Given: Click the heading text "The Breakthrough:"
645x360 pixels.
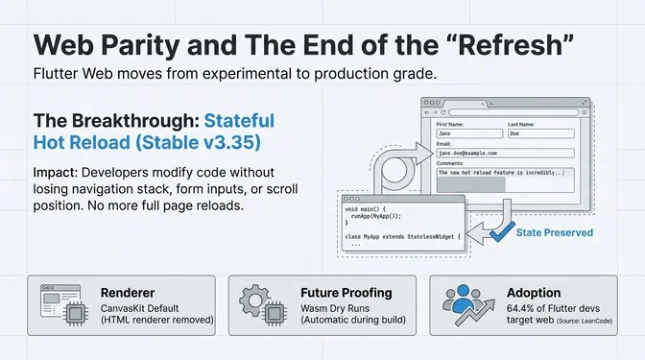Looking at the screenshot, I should tap(116, 122).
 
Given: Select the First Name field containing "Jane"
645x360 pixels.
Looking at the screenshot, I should tap(467, 133).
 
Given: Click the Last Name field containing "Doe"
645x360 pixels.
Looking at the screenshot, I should tap(539, 133).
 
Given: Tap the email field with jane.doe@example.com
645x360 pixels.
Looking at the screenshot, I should tap(503, 153).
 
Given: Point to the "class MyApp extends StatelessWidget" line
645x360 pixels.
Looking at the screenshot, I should tap(403, 235).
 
